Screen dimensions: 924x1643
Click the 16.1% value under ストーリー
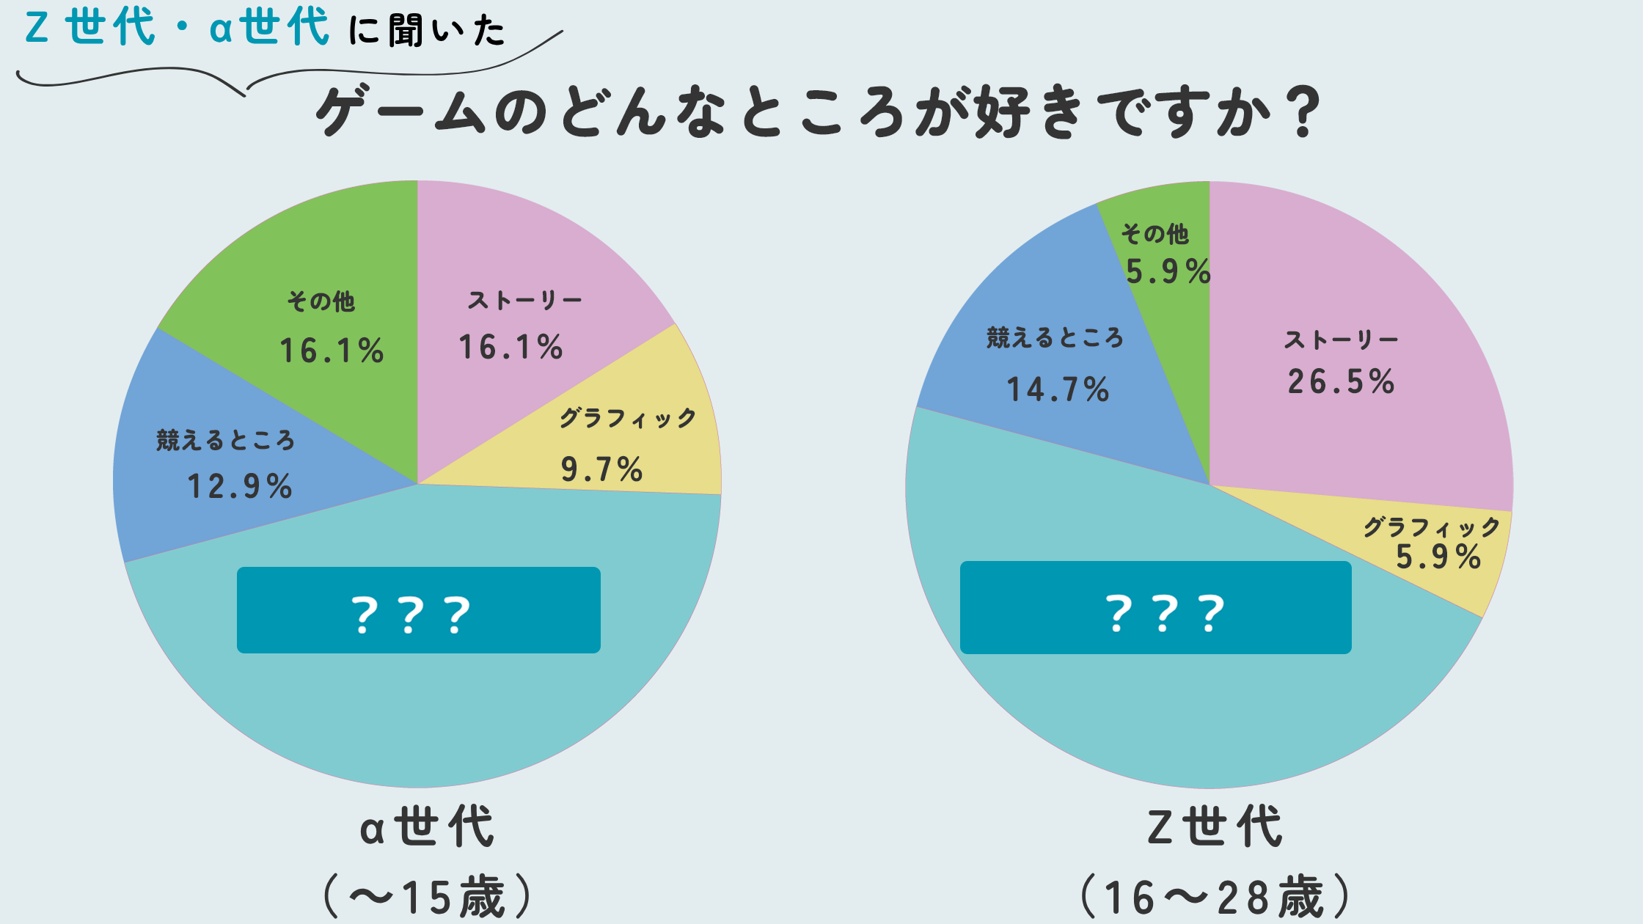[x=511, y=348]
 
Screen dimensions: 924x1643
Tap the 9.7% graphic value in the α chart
[x=601, y=470]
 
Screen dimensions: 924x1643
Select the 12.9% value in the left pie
[x=240, y=487]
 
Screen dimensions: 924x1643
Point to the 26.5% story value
[x=1341, y=382]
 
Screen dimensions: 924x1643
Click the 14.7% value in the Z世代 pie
[x=1058, y=390]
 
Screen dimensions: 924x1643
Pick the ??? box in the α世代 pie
[x=418, y=610]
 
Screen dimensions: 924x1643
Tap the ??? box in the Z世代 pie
[x=1155, y=608]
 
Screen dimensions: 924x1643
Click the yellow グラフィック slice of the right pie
[x=1460, y=579]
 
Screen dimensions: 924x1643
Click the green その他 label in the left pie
[x=321, y=301]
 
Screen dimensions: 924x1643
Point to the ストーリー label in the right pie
[x=1341, y=340]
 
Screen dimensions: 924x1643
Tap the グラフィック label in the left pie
[x=628, y=419]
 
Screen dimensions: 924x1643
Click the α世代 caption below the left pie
[x=427, y=827]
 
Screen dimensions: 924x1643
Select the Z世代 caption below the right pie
[x=1215, y=827]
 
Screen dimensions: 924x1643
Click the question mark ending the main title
[x=1303, y=112]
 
